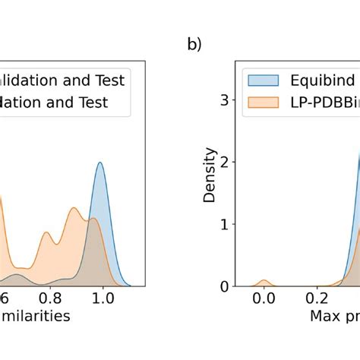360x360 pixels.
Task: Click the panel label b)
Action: point(194,45)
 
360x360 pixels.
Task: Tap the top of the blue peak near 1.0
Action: point(99,162)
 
